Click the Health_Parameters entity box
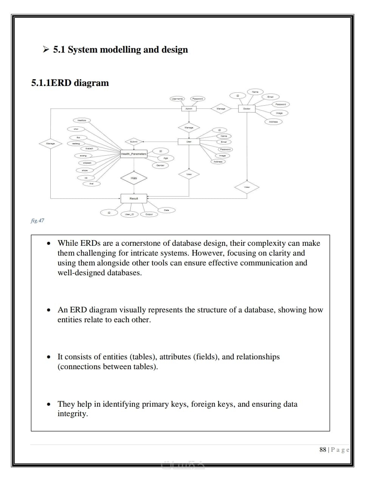[133, 154]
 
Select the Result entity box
[133, 198]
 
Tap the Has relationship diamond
[133, 178]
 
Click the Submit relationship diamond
[133, 142]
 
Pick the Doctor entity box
[247, 109]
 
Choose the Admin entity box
[189, 109]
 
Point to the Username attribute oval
[177, 99]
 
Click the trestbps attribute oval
[82, 120]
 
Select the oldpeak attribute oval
[87, 163]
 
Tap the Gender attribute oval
[160, 165]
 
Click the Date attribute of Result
[166, 210]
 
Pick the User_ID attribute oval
[129, 214]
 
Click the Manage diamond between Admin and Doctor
[221, 109]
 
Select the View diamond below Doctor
[247, 187]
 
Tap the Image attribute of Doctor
[279, 113]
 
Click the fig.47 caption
[37, 220]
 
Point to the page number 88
[323, 449]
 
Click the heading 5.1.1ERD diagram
[70, 83]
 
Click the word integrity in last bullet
[72, 413]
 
